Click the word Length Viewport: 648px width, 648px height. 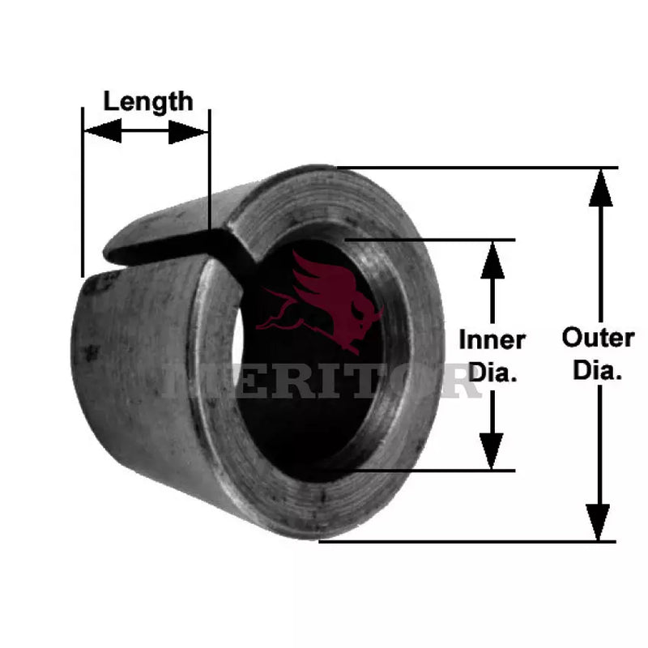pyautogui.click(x=148, y=101)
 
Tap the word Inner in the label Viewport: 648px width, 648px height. pyautogui.click(x=492, y=339)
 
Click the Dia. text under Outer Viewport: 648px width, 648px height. pyautogui.click(x=598, y=371)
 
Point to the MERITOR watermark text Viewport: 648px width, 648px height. pyautogui.click(x=324, y=381)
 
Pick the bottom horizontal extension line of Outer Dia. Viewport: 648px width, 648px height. pyautogui.click(x=470, y=541)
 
